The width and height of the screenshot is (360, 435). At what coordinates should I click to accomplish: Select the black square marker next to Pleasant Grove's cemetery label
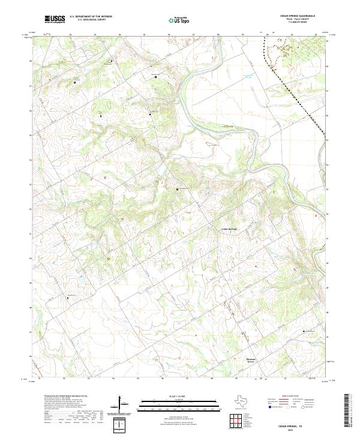point(304,332)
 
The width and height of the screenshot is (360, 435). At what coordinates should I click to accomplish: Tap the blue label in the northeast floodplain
point(247,76)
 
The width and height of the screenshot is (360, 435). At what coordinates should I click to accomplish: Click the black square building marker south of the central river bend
point(177,189)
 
